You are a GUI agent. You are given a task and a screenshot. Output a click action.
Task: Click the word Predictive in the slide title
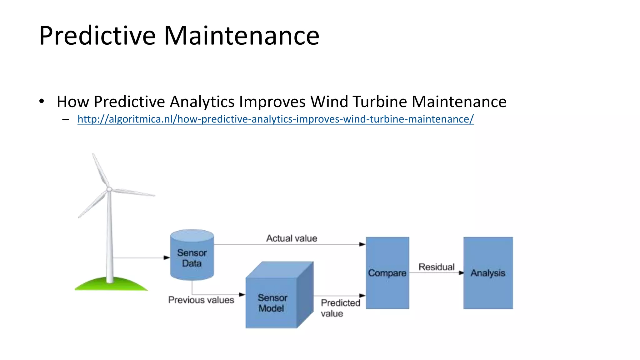pyautogui.click(x=97, y=36)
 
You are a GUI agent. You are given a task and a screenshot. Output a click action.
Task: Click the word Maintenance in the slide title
pyautogui.click(x=241, y=36)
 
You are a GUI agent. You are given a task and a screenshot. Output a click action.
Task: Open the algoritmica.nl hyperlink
pyautogui.click(x=275, y=119)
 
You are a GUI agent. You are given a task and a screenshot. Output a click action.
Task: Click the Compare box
pyautogui.click(x=387, y=273)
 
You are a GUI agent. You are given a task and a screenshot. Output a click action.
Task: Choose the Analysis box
pyautogui.click(x=488, y=273)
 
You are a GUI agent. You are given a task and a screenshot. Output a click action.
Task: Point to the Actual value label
pyautogui.click(x=292, y=238)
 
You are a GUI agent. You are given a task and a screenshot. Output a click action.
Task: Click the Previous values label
pyautogui.click(x=201, y=300)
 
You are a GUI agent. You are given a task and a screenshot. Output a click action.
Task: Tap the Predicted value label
pyautogui.click(x=340, y=308)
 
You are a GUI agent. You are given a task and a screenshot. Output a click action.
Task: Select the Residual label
pyautogui.click(x=436, y=267)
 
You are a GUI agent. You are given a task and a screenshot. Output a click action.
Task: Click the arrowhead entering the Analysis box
pyautogui.click(x=461, y=273)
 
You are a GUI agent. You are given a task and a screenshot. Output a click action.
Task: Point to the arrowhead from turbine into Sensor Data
pyautogui.click(x=167, y=258)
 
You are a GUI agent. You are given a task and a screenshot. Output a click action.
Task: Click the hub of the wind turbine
pyautogui.click(x=109, y=189)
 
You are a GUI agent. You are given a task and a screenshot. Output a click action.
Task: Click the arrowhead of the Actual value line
pyautogui.click(x=362, y=244)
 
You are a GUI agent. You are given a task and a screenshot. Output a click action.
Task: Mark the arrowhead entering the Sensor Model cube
pyautogui.click(x=242, y=295)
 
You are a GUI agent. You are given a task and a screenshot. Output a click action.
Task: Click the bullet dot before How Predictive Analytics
pyautogui.click(x=42, y=101)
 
